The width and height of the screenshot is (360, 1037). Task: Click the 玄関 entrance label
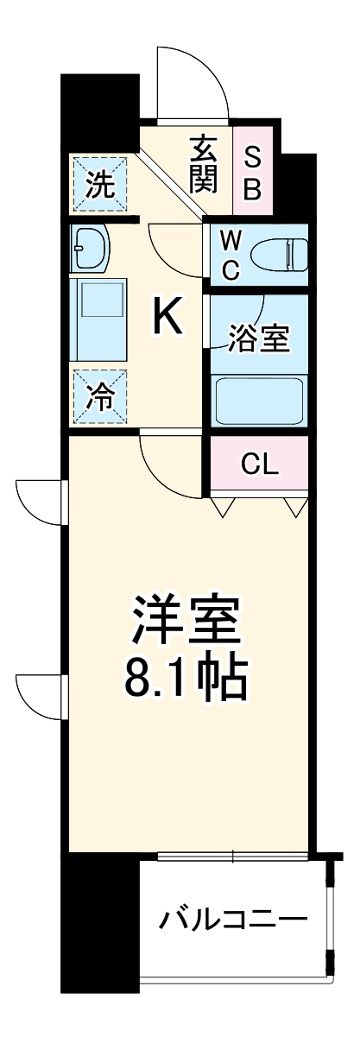205,164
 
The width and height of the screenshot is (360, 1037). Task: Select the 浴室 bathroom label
258,338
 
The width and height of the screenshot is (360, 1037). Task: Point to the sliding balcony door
233,858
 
